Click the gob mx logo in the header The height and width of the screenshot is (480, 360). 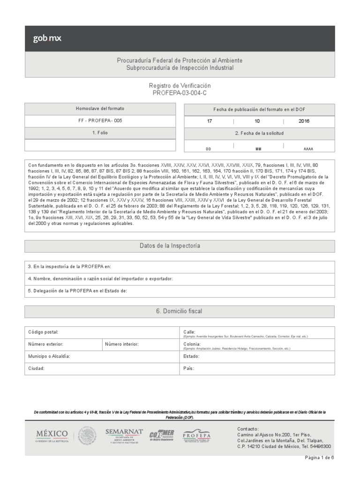coord(47,38)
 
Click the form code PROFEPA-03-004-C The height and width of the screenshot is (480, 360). coord(180,93)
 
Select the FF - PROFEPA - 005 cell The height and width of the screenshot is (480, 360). coord(100,120)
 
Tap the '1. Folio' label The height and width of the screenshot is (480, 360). coord(100,133)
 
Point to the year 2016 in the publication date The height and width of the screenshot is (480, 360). coord(303,121)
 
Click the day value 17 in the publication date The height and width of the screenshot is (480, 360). coord(210,121)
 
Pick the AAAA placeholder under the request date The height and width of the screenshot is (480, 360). coord(308,149)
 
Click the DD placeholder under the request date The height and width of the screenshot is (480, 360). coord(209,149)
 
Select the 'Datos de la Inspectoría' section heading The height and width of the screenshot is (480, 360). coord(180,246)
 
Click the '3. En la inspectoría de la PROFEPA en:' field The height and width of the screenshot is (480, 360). coord(180,267)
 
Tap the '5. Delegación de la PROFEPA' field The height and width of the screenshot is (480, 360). coord(180,291)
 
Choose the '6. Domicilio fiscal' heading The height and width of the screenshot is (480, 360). coord(180,311)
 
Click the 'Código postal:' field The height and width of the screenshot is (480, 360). coord(101,332)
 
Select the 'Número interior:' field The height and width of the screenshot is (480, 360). coord(139,345)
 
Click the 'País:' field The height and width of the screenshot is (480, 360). coord(257,368)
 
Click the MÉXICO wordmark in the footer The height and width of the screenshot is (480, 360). coord(52,434)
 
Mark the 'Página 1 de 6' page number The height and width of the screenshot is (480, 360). coord(319,458)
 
